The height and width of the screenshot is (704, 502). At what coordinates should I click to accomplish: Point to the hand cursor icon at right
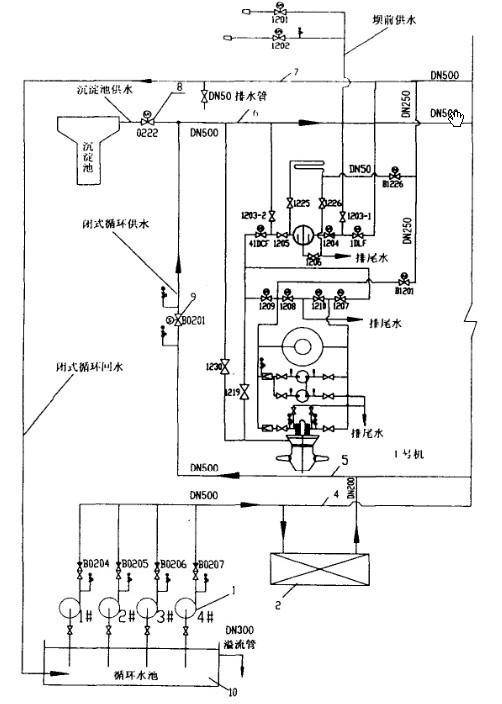click(456, 119)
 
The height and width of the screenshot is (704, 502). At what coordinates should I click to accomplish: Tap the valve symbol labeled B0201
click(179, 322)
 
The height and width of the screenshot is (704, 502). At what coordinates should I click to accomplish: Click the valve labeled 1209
click(265, 297)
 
